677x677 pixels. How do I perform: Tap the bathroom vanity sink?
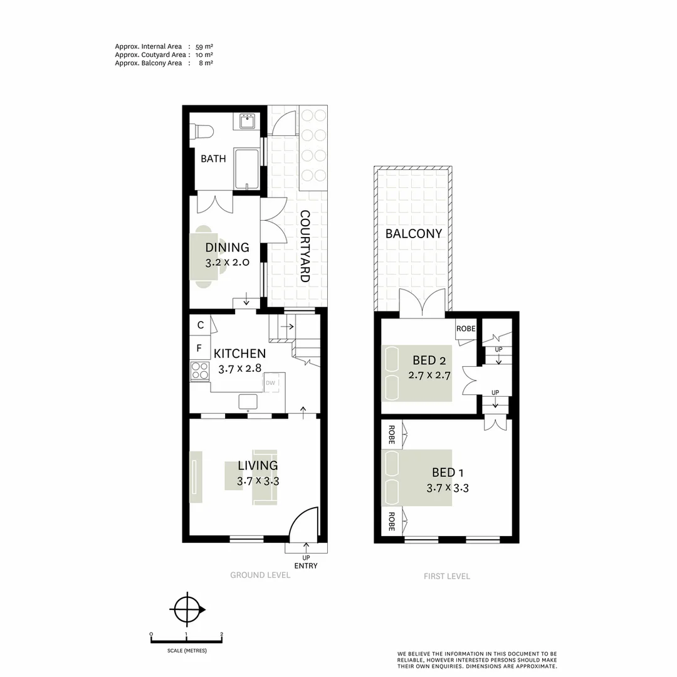[x=246, y=120]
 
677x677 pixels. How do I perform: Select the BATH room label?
[x=213, y=159]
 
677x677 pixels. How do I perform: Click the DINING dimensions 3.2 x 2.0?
[x=228, y=263]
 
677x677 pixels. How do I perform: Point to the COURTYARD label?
[x=305, y=246]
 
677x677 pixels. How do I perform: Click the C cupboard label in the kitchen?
[x=200, y=325]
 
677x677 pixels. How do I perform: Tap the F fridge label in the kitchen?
[x=199, y=348]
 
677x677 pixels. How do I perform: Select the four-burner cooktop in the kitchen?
[x=200, y=371]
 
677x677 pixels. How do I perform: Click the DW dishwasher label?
[x=270, y=383]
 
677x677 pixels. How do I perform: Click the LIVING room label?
[x=258, y=466]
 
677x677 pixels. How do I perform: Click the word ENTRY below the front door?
[x=306, y=566]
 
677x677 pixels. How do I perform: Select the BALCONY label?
[x=414, y=234]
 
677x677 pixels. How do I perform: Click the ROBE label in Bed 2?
[x=466, y=328]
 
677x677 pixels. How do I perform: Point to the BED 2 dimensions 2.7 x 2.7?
[x=430, y=376]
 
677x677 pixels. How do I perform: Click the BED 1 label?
[x=448, y=473]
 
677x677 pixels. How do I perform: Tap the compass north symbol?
[x=187, y=608]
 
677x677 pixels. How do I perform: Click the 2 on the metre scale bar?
[x=222, y=634]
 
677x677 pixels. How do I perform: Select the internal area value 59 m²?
[x=204, y=46]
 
